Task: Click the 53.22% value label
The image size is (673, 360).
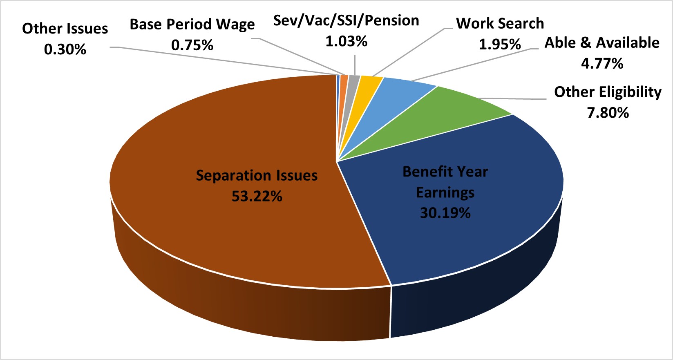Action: pos(257,197)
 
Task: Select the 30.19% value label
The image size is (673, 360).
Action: pos(445,213)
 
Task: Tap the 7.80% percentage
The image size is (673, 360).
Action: pos(608,113)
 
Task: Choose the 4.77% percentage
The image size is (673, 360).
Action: pos(602,64)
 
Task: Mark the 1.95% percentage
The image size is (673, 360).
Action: pos(500,44)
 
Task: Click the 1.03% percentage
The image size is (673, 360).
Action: pos(346,41)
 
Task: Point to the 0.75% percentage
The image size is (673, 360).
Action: pos(192,45)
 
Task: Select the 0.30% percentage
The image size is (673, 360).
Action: pos(65,49)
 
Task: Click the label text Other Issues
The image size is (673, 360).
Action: pos(65,29)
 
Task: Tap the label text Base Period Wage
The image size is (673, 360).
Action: pos(192,25)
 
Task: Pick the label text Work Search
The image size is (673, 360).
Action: pos(500,23)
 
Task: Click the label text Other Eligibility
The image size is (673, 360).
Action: pos(608,92)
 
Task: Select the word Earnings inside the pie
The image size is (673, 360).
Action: pos(445,192)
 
